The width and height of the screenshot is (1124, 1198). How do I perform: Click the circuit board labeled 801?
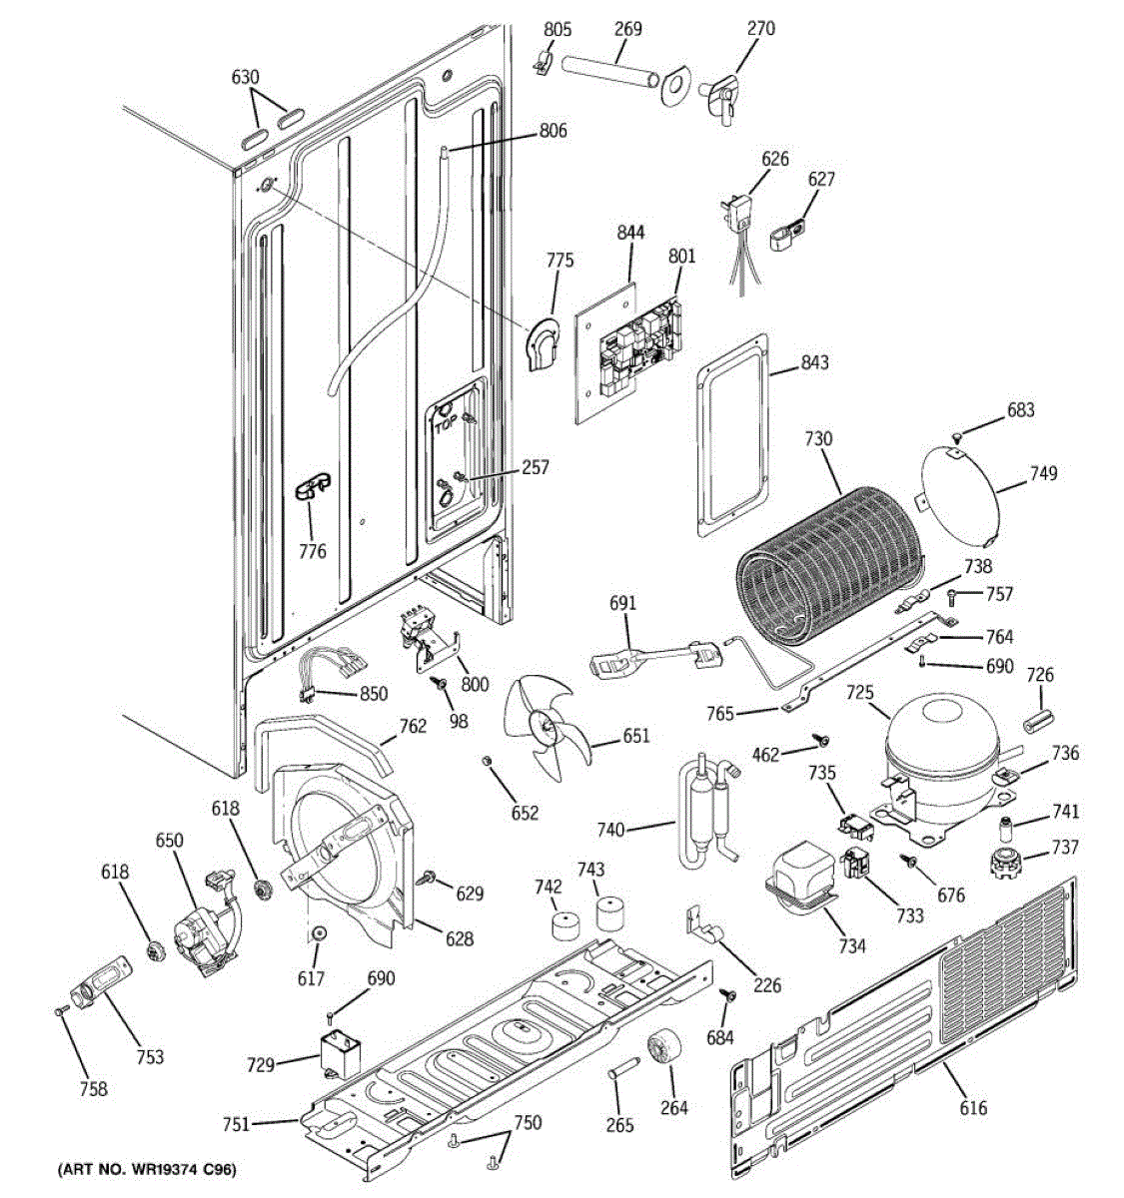tap(640, 348)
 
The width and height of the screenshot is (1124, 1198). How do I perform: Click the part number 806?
tap(554, 130)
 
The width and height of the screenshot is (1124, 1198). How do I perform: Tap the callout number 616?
tap(973, 1107)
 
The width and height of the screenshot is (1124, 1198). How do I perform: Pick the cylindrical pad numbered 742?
tap(565, 925)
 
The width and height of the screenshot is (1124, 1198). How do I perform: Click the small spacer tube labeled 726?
tap(1039, 721)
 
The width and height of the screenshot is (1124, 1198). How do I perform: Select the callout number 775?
tap(560, 260)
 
